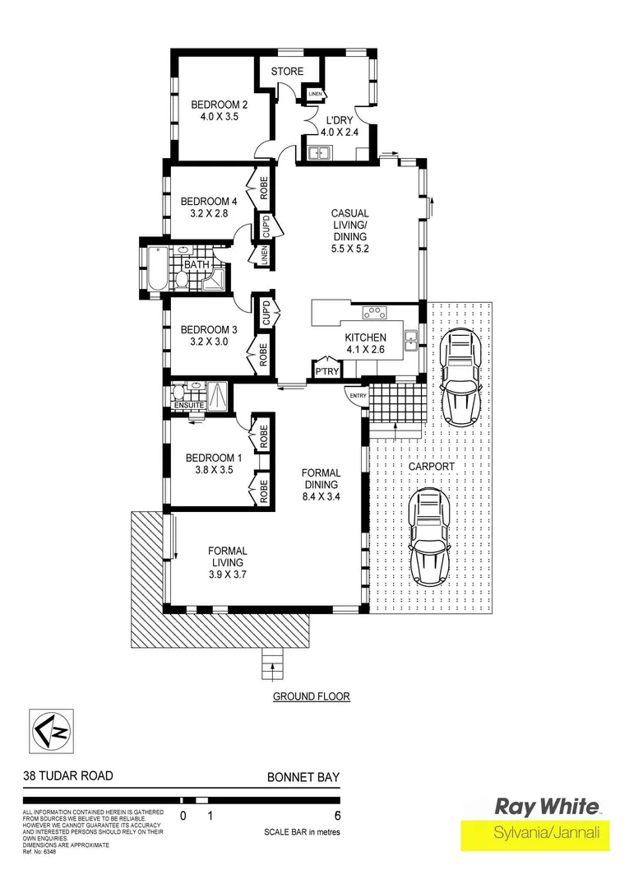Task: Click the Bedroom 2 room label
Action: (x=220, y=105)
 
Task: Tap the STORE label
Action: (x=287, y=72)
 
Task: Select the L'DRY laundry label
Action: (x=340, y=120)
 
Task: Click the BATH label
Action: (x=196, y=265)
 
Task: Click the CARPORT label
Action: (x=430, y=466)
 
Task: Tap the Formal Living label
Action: (x=227, y=556)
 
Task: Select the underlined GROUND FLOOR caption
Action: (x=312, y=696)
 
